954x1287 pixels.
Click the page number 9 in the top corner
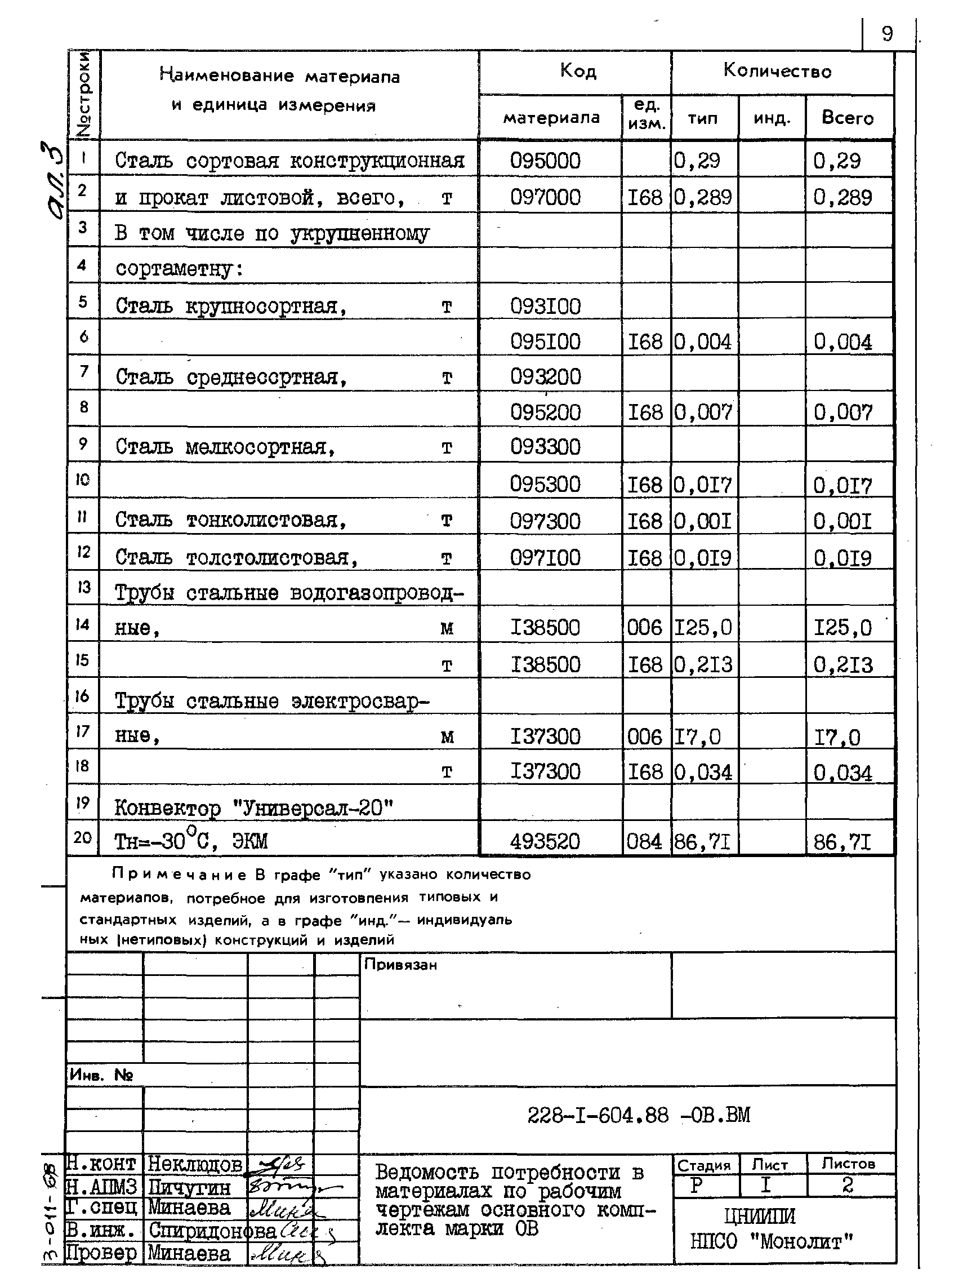887,34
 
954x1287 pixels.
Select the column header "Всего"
847,118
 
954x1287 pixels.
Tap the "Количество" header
777,71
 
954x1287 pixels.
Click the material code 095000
545,161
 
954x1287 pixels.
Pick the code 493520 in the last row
545,842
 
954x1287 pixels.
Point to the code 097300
545,522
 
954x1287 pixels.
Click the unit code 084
644,842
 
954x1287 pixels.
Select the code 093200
545,377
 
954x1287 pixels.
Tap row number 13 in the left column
83,588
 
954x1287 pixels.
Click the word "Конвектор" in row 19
167,808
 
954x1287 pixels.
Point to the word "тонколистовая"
266,521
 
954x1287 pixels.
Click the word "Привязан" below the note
400,965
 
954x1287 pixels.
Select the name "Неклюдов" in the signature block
195,1165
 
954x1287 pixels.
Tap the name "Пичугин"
189,1187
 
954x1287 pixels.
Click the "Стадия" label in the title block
704,1165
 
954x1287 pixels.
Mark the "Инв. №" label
101,1075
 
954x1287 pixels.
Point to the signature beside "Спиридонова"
307,1231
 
